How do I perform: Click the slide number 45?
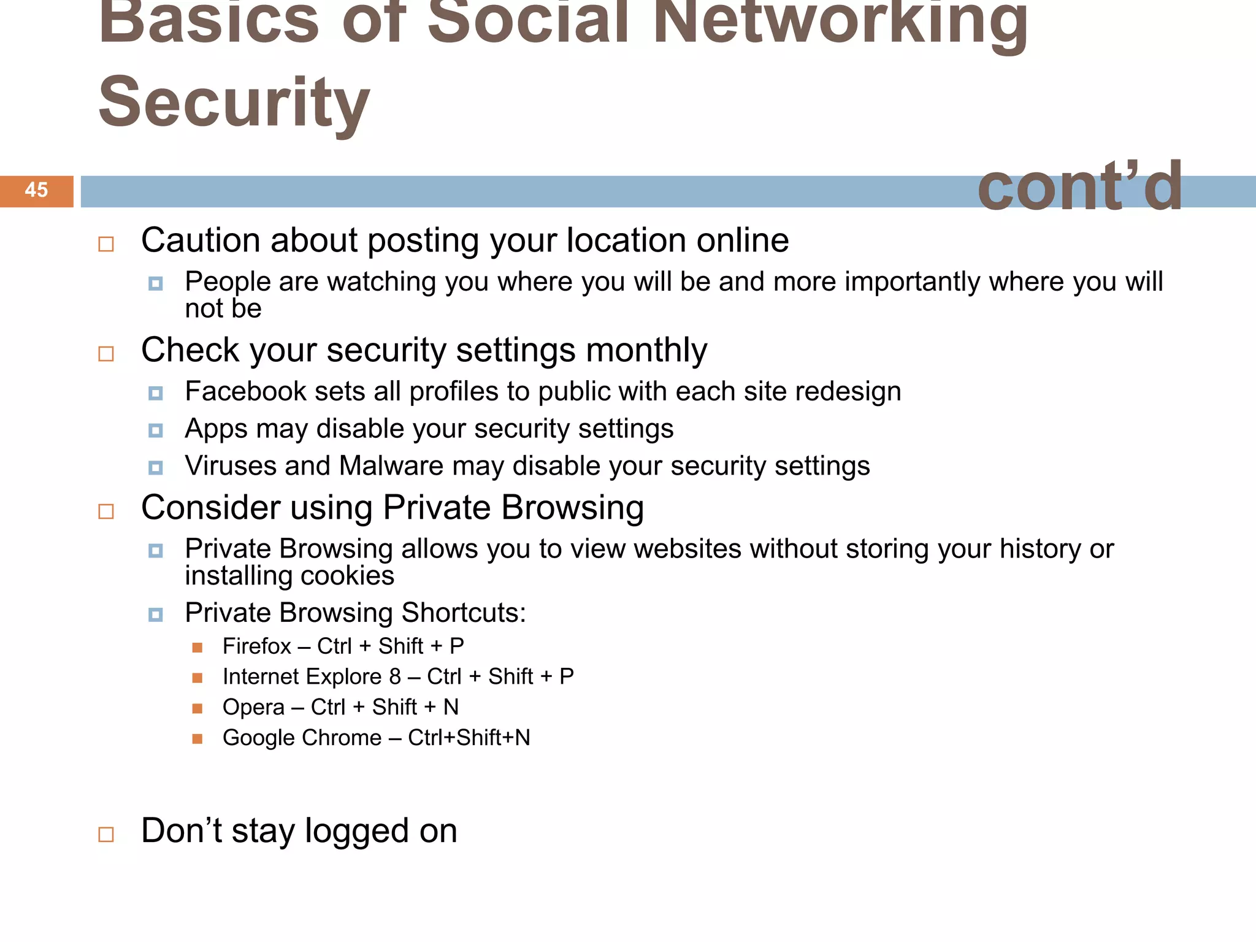click(36, 190)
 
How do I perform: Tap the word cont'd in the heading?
click(1079, 186)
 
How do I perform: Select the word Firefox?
click(256, 646)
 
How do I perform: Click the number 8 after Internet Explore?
click(395, 677)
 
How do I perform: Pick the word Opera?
click(253, 708)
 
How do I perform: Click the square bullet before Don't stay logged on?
click(106, 834)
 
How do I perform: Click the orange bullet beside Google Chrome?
click(197, 738)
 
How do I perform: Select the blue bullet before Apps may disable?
click(156, 431)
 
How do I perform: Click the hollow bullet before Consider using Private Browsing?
click(106, 511)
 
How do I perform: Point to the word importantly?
click(914, 282)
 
